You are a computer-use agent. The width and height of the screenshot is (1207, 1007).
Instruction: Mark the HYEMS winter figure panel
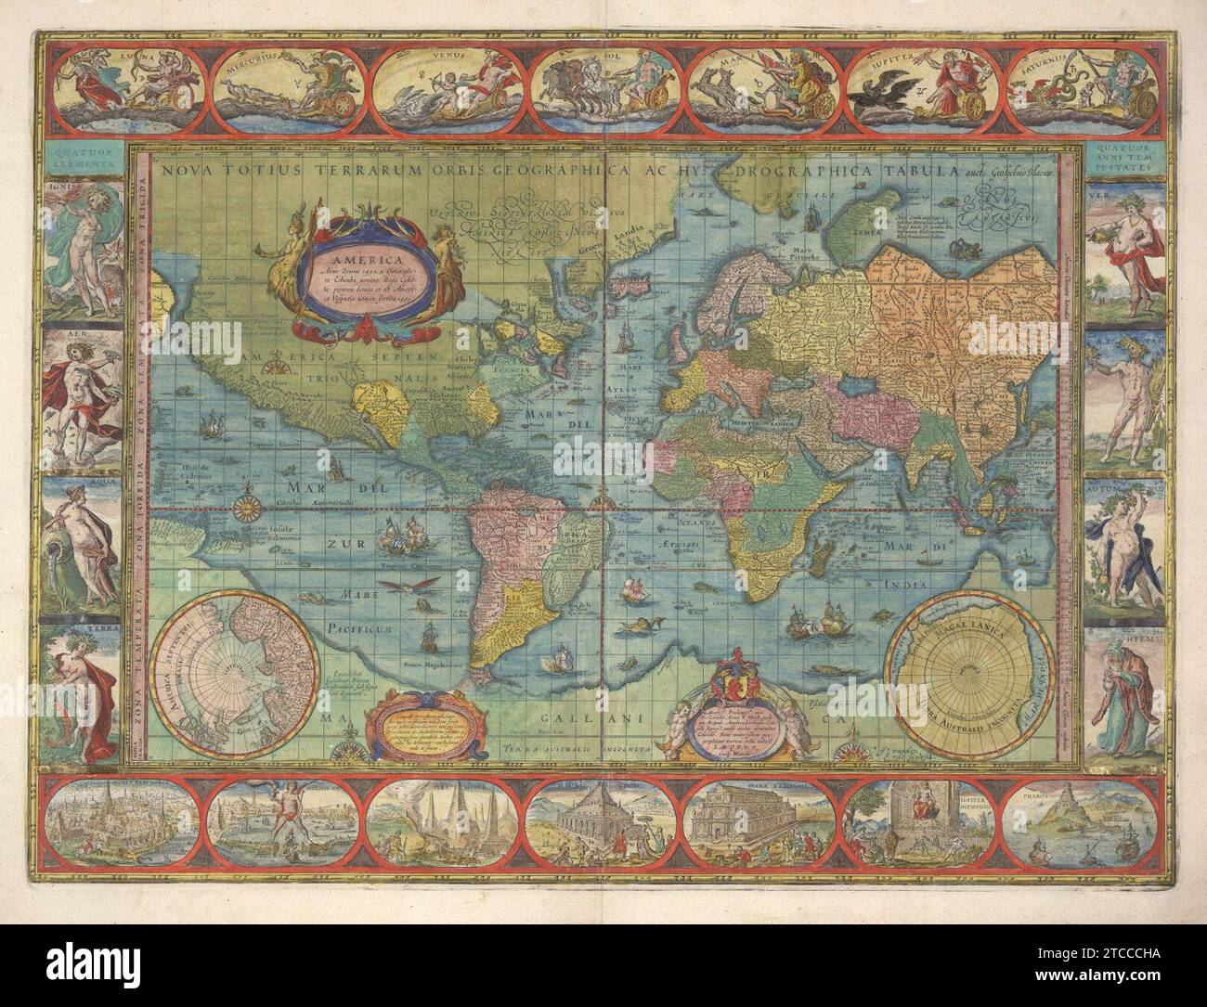click(x=1123, y=701)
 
